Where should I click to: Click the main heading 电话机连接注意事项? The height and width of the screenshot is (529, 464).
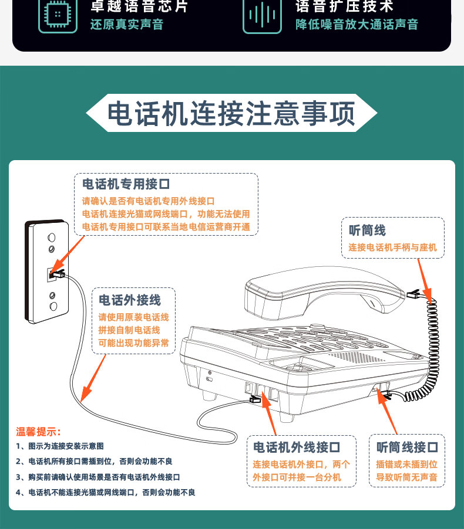click(231, 114)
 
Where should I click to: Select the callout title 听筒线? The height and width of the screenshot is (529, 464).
click(368, 230)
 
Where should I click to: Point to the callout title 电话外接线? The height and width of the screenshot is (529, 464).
click(129, 300)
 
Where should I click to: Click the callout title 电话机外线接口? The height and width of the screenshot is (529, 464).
click(297, 447)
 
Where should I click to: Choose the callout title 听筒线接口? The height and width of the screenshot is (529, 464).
click(407, 447)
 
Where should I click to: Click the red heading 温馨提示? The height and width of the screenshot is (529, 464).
click(38, 432)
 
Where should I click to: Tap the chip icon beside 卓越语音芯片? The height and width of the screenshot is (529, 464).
click(57, 14)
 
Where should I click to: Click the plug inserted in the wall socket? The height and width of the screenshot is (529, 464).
click(58, 273)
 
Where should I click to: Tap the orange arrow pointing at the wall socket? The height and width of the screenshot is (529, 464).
click(68, 256)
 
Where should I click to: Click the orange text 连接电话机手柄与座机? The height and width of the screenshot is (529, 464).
click(392, 247)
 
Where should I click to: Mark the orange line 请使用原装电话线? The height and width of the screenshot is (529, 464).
click(133, 317)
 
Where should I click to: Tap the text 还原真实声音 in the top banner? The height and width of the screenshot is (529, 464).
click(126, 25)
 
